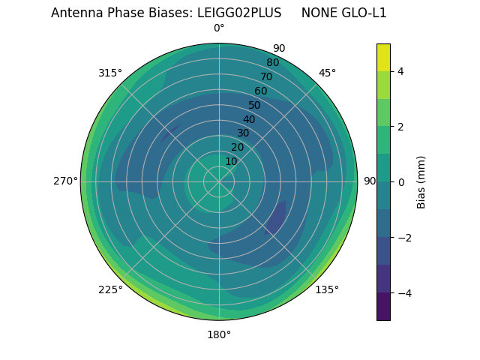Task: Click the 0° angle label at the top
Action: pyautogui.click(x=219, y=28)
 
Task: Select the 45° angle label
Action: pyautogui.click(x=327, y=73)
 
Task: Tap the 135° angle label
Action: pyautogui.click(x=327, y=289)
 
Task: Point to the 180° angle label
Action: pyautogui.click(x=219, y=334)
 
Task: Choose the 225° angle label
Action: pyautogui.click(x=110, y=289)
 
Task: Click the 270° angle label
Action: pyautogui.click(x=66, y=181)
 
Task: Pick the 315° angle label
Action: pyautogui.click(x=110, y=73)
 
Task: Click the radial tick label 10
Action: pyautogui.click(x=231, y=161)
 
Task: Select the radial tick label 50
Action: pyautogui.click(x=255, y=105)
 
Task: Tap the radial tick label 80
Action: pyautogui.click(x=272, y=62)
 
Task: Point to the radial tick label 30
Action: pyautogui.click(x=243, y=133)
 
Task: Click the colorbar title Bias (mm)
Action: pyautogui.click(x=421, y=182)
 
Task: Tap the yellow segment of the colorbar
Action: pyautogui.click(x=383, y=57)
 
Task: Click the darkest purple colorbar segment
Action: pyautogui.click(x=383, y=307)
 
